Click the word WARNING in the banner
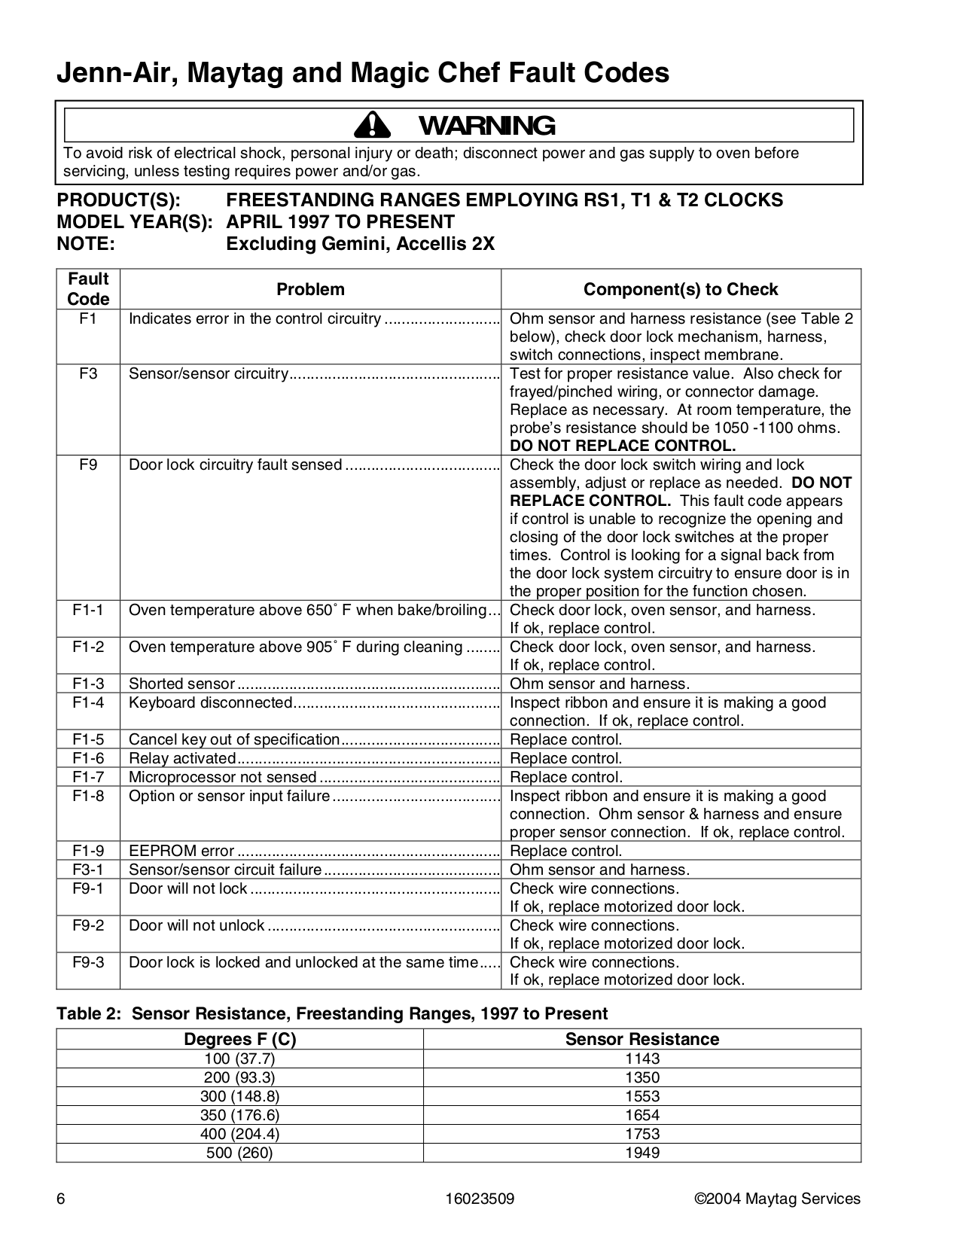click(486, 126)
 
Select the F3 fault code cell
click(88, 373)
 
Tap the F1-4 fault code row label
click(88, 702)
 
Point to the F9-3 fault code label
click(88, 962)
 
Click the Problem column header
click(310, 289)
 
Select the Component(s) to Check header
click(681, 289)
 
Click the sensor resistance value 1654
click(642, 1115)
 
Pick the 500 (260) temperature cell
click(239, 1153)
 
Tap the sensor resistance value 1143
click(642, 1058)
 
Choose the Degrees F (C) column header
click(239, 1039)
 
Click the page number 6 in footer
click(60, 1199)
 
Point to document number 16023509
click(479, 1199)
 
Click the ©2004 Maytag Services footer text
click(776, 1199)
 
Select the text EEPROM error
click(181, 851)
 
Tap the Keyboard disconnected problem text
click(210, 702)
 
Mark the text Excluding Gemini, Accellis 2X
click(360, 244)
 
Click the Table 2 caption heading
click(332, 1013)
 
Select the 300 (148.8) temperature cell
click(239, 1096)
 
